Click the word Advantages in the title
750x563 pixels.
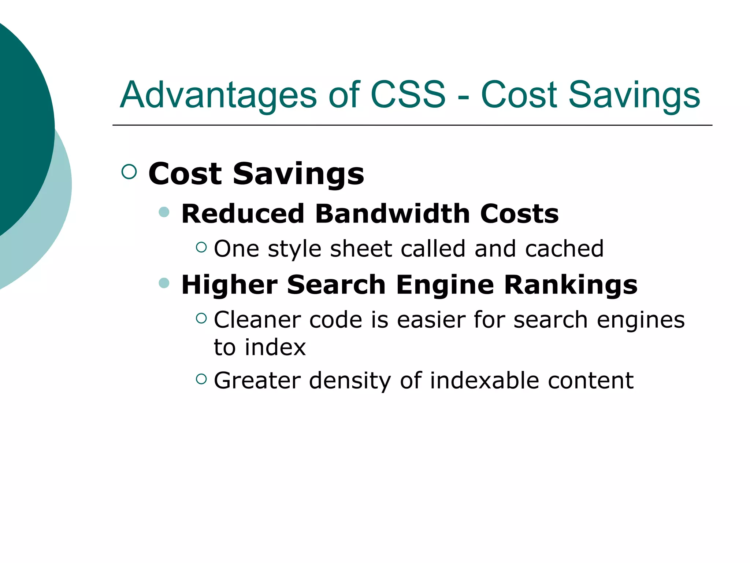[x=218, y=95]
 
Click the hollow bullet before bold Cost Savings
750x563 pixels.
[x=129, y=172]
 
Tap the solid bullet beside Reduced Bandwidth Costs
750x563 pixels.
[x=164, y=212]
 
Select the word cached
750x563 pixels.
[x=564, y=249]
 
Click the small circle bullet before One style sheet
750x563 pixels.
[x=201, y=247]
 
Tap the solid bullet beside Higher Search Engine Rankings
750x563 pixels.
[x=164, y=283]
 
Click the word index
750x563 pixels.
[x=275, y=347]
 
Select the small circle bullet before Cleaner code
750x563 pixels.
[x=201, y=318]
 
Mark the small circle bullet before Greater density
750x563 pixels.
[x=201, y=379]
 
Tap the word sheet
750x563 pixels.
[x=361, y=249]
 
